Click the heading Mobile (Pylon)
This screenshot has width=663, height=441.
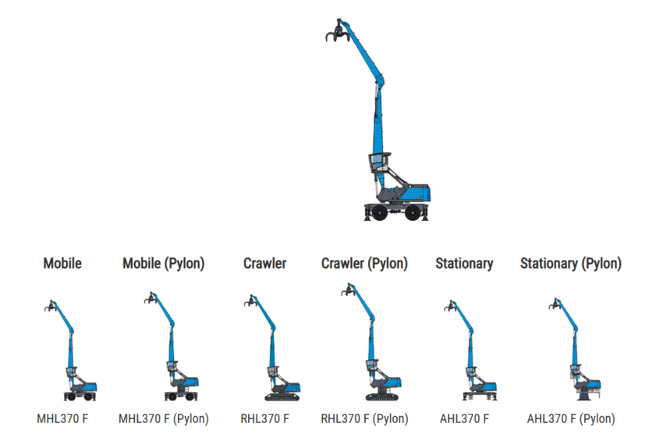(163, 264)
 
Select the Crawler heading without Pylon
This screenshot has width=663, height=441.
(264, 264)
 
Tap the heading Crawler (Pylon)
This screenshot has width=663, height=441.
(364, 264)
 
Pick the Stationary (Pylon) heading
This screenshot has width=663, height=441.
(570, 264)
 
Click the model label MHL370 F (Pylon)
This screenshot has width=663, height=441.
(163, 419)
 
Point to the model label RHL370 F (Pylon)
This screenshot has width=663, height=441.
(364, 419)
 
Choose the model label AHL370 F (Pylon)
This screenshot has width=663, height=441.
(570, 419)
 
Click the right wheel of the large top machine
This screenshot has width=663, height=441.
(415, 212)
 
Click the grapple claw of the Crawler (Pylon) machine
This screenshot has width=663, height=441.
(347, 291)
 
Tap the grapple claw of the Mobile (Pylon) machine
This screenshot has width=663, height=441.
(150, 298)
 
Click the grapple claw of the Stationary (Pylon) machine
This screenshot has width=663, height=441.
(554, 304)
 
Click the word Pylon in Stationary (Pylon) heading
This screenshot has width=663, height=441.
(598, 264)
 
